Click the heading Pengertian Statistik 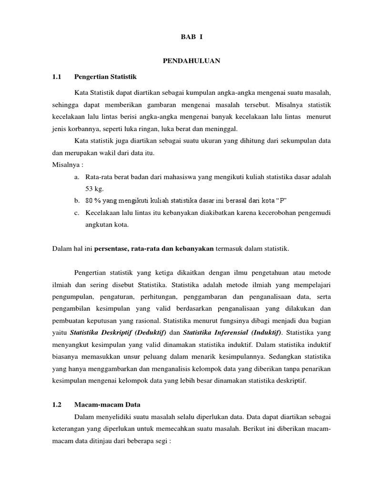(x=106, y=76)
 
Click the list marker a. (x=76, y=177)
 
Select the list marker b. (x=76, y=200)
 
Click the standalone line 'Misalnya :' (x=67, y=165)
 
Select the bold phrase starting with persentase (x=154, y=248)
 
